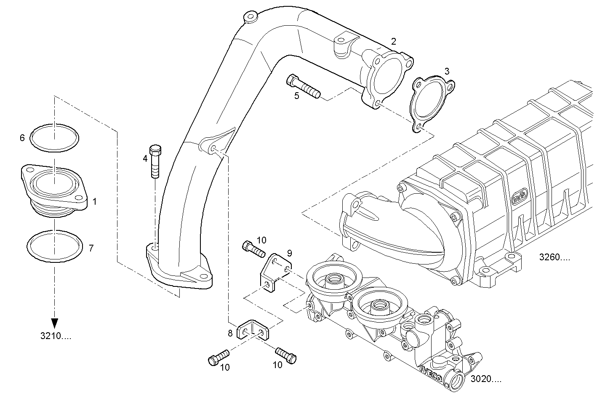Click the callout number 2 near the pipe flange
[393, 41]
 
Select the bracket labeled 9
[274, 272]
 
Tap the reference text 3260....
[554, 257]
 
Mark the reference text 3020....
[486, 379]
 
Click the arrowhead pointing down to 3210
[54, 323]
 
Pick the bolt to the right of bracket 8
[286, 355]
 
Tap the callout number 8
[230, 334]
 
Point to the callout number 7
[91, 248]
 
